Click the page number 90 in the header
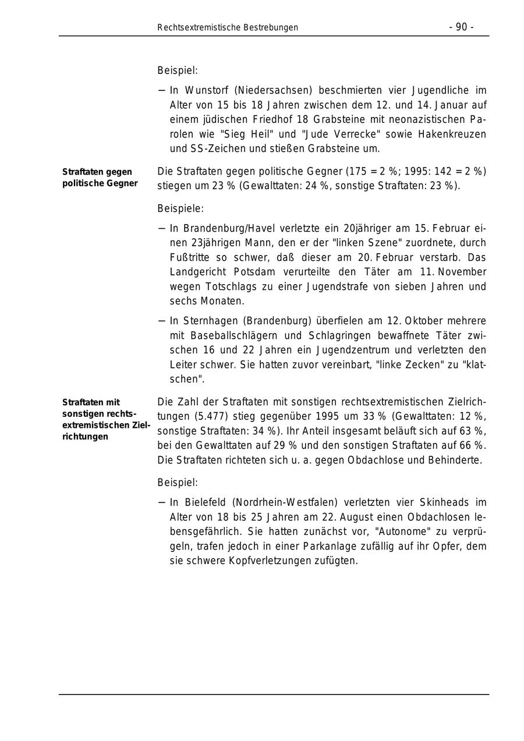tap(461, 27)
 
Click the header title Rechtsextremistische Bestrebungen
tap(228, 27)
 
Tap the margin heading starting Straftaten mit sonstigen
tap(105, 419)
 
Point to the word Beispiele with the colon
tap(180, 208)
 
